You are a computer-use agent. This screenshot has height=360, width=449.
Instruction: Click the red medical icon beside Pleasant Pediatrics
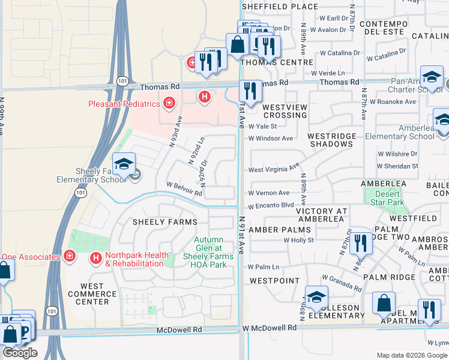[169, 104]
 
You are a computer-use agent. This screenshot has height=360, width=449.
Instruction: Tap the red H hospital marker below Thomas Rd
[205, 96]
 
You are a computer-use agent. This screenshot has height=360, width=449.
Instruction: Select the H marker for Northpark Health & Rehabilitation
[95, 259]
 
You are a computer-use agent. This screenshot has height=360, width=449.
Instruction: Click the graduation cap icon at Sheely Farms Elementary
[124, 164]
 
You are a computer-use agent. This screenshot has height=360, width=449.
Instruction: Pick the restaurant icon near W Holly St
[361, 243]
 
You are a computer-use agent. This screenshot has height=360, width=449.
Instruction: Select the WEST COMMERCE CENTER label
[92, 294]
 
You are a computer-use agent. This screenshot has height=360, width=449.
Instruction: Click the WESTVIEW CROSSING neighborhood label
[285, 111]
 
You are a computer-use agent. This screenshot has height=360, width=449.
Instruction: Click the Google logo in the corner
[20, 353]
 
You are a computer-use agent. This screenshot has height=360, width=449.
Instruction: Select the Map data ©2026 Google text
[412, 355]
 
